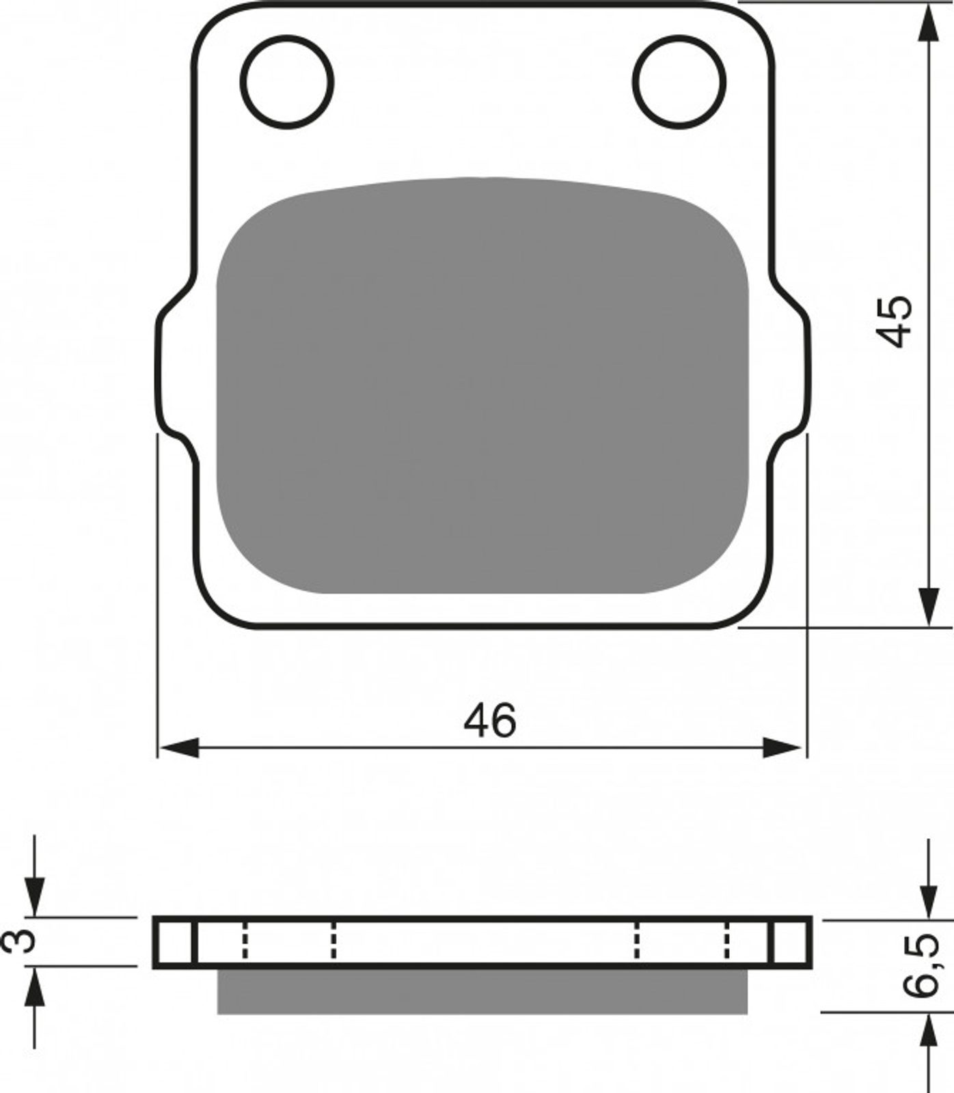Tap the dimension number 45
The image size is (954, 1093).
click(896, 321)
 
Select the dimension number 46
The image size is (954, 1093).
click(490, 720)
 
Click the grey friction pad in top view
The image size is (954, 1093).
click(482, 385)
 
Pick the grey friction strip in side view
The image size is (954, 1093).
click(482, 991)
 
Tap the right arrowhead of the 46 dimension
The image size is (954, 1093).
click(784, 747)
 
